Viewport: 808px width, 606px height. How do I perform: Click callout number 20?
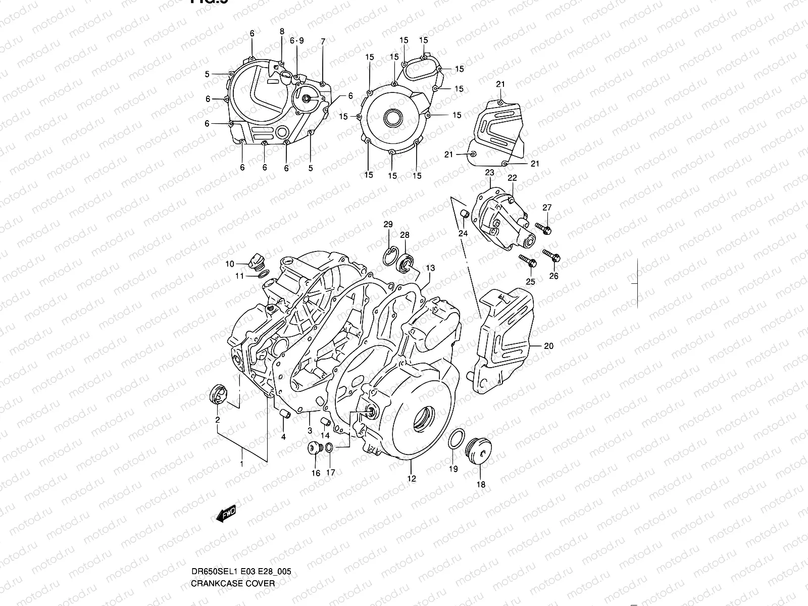[x=549, y=346]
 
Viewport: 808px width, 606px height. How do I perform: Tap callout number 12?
[x=412, y=478]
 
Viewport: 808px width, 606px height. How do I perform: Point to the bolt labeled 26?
[x=551, y=256]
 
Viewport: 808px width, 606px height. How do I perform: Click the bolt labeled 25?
[x=527, y=262]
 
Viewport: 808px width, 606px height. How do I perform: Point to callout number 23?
[x=489, y=173]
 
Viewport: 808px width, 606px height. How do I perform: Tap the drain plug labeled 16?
[x=314, y=447]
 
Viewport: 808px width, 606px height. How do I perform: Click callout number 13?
[x=430, y=268]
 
